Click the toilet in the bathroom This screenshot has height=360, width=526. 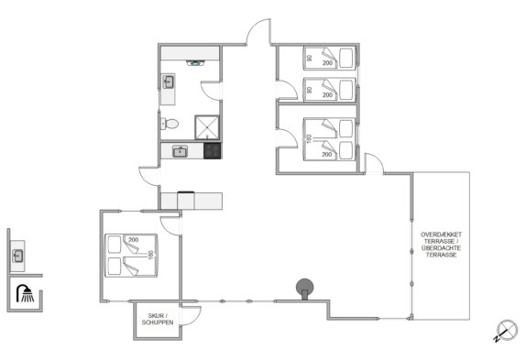click(x=170, y=124)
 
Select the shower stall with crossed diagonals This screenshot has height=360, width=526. click(x=207, y=127)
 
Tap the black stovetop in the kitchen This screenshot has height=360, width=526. click(x=212, y=150)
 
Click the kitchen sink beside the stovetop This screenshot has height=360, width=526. click(x=181, y=151)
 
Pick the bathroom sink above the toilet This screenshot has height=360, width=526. click(x=168, y=82)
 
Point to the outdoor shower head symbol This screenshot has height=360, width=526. click(x=25, y=293)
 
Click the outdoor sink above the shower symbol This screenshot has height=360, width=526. click(x=18, y=256)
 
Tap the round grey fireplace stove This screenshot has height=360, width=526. click(x=304, y=289)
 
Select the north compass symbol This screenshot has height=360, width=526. click(x=506, y=331)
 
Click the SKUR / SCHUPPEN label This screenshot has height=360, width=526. click(x=158, y=319)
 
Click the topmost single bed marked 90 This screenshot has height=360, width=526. click(x=329, y=58)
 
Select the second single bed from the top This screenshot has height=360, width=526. click(x=329, y=90)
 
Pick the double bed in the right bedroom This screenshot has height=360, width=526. click(x=329, y=139)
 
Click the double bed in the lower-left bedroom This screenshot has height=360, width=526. click(x=131, y=256)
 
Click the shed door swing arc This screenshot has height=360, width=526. click(x=192, y=315)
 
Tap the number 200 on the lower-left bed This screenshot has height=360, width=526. click(x=133, y=240)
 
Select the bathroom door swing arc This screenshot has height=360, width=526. click(x=212, y=91)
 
